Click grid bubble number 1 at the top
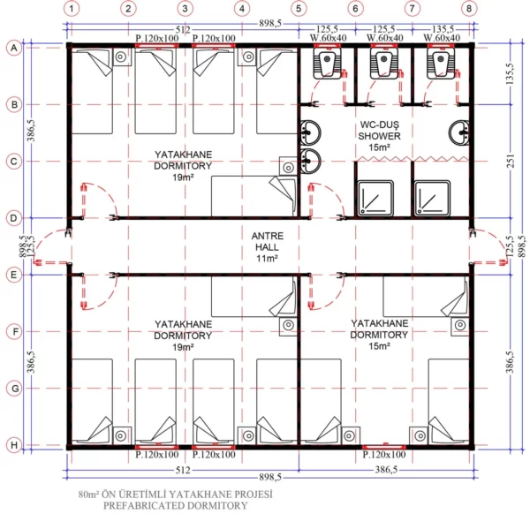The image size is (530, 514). pos(72,9)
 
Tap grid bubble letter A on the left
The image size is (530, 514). pos(12,49)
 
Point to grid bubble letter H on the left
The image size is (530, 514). pos(12,444)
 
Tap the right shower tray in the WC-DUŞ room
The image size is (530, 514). pos(434,199)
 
